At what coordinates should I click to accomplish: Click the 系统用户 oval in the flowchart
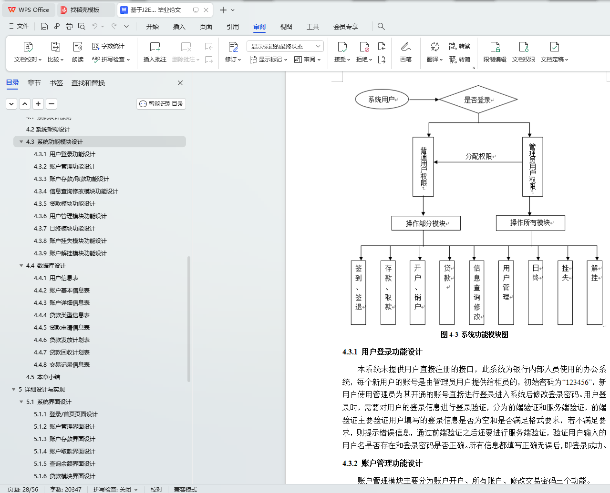382,99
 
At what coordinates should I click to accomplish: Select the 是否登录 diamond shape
478,100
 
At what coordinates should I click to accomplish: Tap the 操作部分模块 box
426,223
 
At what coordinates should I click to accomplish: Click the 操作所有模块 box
530,223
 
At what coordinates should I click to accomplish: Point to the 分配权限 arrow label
480,156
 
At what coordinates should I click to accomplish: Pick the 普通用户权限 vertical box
423,167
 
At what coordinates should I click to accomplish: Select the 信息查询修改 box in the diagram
476,292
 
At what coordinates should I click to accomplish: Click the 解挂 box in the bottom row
595,292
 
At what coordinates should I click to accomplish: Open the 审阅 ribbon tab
259,27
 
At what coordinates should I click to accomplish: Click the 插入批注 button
155,52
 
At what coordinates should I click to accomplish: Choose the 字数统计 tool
108,46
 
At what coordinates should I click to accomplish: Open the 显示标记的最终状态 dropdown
285,46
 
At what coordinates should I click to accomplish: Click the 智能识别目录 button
161,103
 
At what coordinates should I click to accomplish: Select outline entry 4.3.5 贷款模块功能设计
64,203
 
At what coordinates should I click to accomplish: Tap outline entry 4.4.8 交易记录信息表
62,364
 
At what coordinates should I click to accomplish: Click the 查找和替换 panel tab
88,83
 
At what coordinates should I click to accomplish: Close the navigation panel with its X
180,83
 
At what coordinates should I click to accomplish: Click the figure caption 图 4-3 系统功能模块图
474,334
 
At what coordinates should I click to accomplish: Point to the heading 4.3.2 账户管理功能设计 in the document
383,463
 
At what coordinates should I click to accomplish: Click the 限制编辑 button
495,52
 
